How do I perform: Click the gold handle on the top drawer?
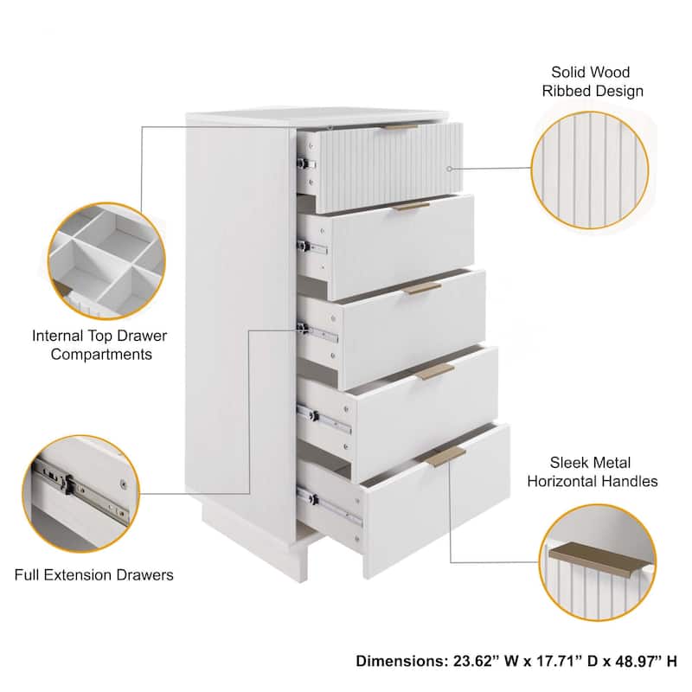400,127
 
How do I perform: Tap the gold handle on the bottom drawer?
445,457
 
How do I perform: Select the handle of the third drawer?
423,287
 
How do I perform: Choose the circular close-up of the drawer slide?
81,493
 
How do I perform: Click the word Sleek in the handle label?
568,462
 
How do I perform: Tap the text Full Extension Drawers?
93,574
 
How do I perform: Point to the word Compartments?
99,354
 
